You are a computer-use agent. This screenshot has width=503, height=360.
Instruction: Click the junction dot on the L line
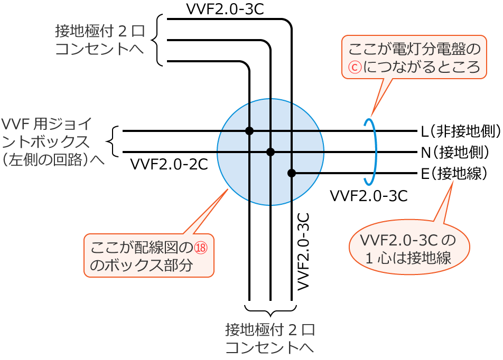pyautogui.click(x=249, y=131)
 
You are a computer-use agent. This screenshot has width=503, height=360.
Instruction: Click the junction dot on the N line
pyautogui.click(x=271, y=152)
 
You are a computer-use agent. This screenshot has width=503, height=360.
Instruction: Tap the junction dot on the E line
pyautogui.click(x=292, y=173)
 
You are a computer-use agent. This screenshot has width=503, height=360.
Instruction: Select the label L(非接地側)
pyautogui.click(x=461, y=131)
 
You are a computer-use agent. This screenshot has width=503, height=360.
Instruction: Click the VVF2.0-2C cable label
pyautogui.click(x=169, y=164)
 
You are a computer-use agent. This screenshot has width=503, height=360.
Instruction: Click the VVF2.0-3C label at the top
pyautogui.click(x=225, y=9)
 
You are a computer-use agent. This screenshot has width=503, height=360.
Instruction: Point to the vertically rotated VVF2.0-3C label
pyautogui.click(x=303, y=251)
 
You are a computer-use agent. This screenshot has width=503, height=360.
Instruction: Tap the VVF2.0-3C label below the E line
pyautogui.click(x=368, y=196)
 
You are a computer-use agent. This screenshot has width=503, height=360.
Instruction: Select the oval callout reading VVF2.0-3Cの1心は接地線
pyautogui.click(x=409, y=247)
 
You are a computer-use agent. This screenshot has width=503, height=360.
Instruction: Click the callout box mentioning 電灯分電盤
pyautogui.click(x=414, y=57)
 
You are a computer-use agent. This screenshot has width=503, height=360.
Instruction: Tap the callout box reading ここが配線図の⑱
pyautogui.click(x=148, y=255)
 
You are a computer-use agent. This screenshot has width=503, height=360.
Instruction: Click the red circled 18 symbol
pyautogui.click(x=201, y=248)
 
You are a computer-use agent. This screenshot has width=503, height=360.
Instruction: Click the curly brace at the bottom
pyautogui.click(x=271, y=310)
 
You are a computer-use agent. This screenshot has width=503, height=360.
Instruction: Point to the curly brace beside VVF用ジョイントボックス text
pyautogui.click(x=113, y=141)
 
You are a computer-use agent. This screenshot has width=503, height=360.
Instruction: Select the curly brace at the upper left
pyautogui.click(x=157, y=40)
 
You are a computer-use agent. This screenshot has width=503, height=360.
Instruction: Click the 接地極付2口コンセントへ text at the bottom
pyautogui.click(x=270, y=339)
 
